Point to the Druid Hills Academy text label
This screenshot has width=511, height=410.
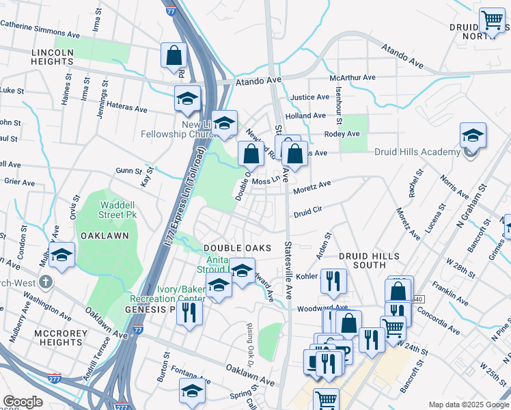pyautogui.click(x=417, y=152)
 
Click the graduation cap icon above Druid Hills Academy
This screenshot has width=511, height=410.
pyautogui.click(x=473, y=135)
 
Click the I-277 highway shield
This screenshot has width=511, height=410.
pyautogui.click(x=55, y=377)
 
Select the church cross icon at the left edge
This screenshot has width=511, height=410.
pyautogui.click(x=46, y=282)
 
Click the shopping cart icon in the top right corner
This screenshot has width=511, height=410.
pyautogui.click(x=492, y=20)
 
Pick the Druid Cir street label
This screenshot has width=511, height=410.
pyautogui.click(x=307, y=214)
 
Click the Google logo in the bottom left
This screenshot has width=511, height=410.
pyautogui.click(x=23, y=402)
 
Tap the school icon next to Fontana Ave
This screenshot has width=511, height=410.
pyautogui.click(x=192, y=392)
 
